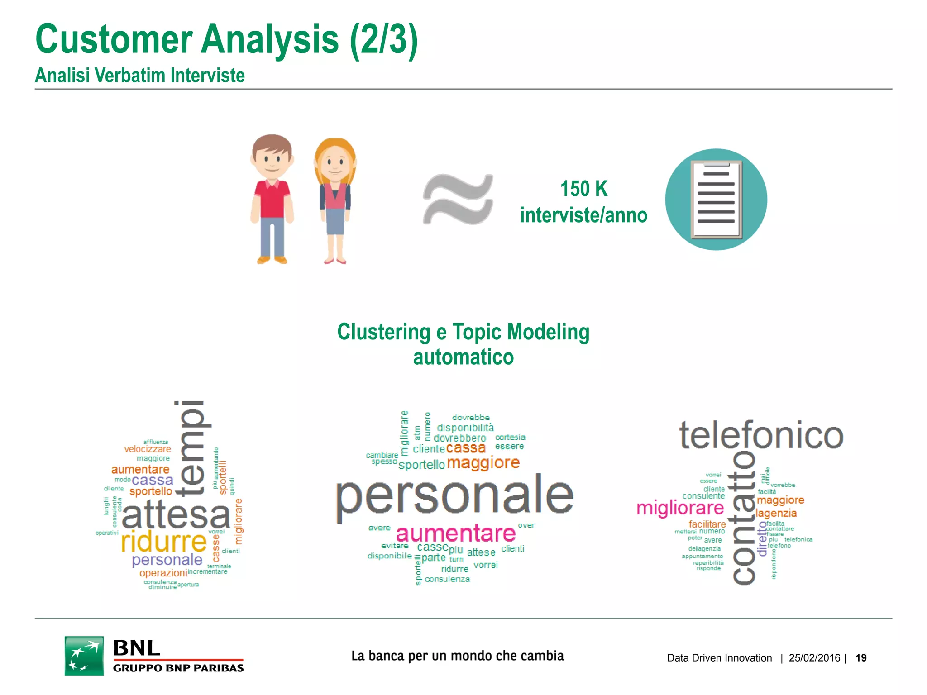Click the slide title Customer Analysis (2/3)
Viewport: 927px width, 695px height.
(x=226, y=40)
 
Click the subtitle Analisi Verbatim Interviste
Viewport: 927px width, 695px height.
(x=140, y=76)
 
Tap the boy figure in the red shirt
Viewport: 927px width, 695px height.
(x=272, y=199)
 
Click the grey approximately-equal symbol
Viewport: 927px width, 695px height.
(x=458, y=199)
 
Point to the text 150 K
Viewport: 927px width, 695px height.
(x=583, y=189)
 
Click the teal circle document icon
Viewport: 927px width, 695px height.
(x=716, y=200)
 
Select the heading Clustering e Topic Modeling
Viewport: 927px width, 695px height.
(x=463, y=332)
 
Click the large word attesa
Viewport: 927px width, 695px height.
(x=176, y=515)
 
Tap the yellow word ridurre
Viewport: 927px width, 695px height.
(x=164, y=542)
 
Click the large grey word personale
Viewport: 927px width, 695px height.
(x=454, y=496)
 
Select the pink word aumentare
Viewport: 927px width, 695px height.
(x=456, y=533)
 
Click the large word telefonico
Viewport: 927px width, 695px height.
(x=761, y=435)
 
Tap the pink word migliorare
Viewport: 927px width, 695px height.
(x=680, y=509)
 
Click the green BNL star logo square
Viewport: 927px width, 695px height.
(x=84, y=656)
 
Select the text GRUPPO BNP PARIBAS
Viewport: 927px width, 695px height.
(x=178, y=668)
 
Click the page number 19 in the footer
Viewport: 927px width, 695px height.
(x=861, y=658)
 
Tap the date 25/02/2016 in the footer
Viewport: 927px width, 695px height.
(x=814, y=658)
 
